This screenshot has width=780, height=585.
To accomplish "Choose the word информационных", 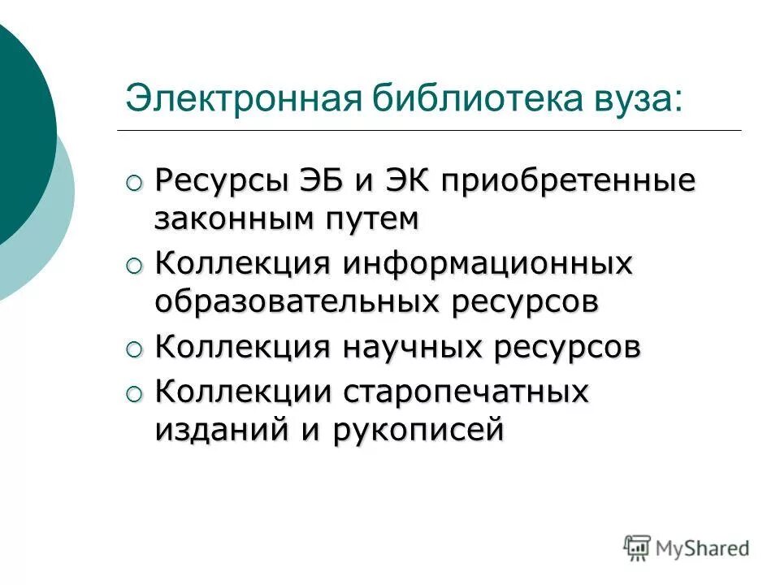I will [x=487, y=262].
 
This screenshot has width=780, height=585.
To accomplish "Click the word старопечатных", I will [x=466, y=392].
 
